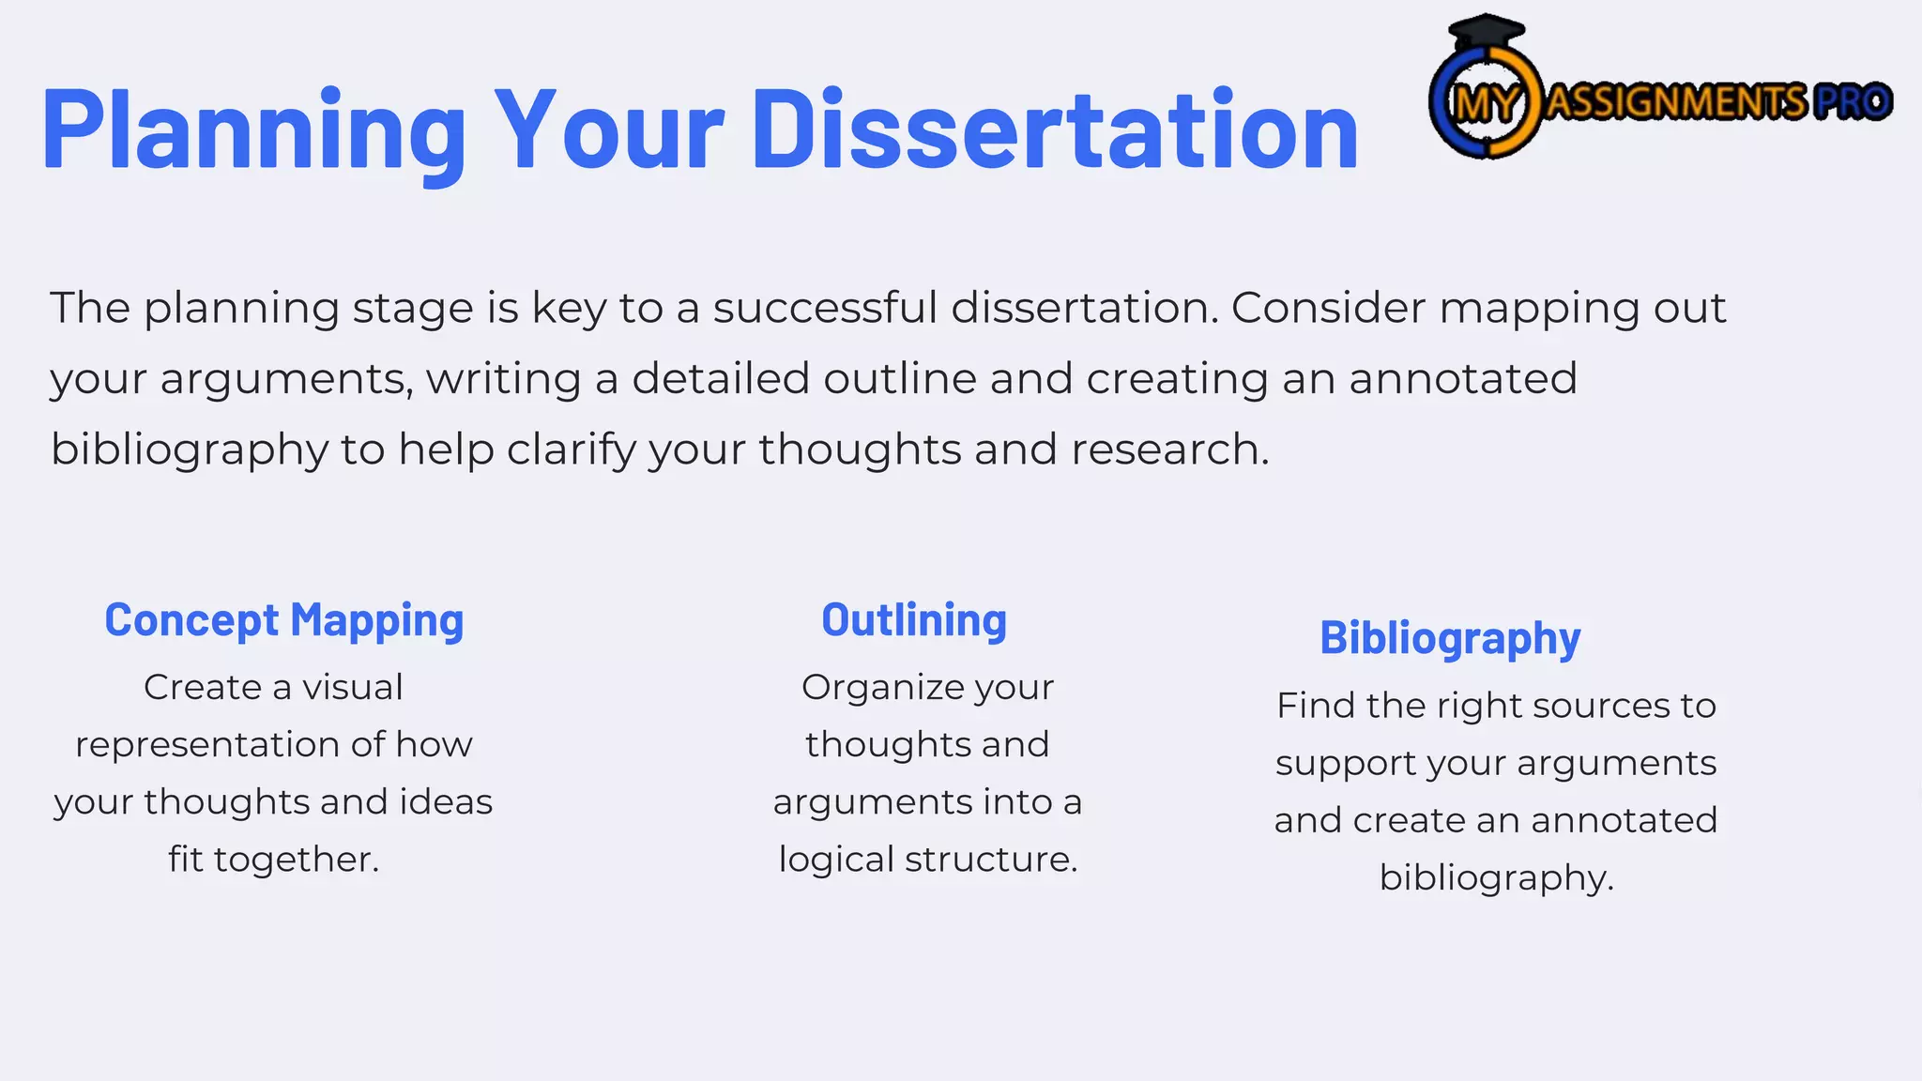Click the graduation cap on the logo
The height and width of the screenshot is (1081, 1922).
1487,33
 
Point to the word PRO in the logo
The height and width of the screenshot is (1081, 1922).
1852,101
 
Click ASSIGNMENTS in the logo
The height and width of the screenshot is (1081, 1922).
1675,101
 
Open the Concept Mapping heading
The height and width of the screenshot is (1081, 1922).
284,620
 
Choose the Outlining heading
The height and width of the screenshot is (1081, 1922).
914,620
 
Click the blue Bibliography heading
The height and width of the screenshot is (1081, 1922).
1450,638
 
